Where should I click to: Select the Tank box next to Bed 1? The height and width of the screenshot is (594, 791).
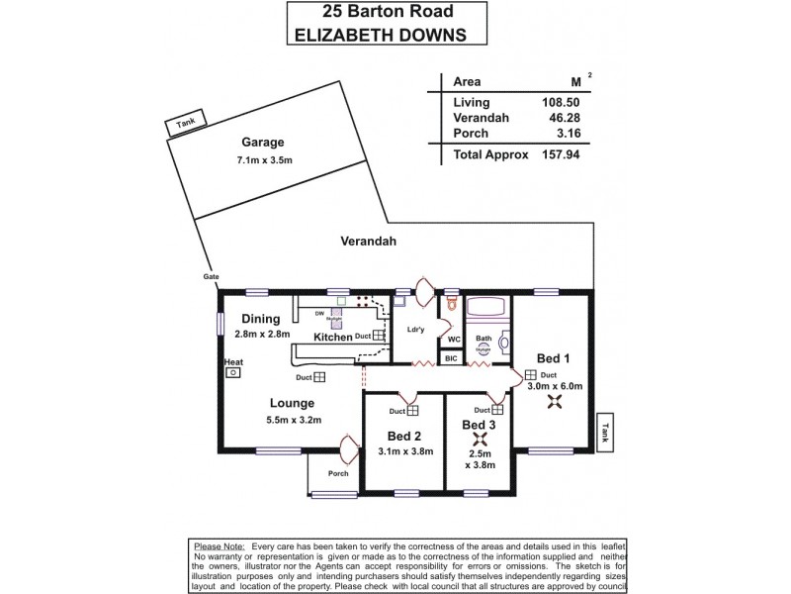click(x=605, y=431)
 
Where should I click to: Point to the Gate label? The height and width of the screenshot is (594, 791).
click(x=211, y=276)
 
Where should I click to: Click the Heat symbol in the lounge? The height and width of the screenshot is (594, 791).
click(x=233, y=372)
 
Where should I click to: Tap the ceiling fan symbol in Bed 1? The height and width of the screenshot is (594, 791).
click(x=555, y=401)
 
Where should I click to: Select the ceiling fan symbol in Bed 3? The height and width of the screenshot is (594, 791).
click(x=481, y=440)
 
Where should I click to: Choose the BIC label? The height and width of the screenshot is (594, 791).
click(x=451, y=357)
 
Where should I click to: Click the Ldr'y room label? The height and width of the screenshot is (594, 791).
click(x=415, y=331)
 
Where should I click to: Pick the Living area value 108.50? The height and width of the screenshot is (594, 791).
click(x=562, y=102)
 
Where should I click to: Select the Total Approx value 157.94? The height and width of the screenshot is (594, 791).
click(x=562, y=154)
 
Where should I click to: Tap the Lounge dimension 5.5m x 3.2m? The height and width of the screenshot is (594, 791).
click(x=295, y=420)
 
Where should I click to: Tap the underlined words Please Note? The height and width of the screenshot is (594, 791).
click(x=220, y=546)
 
